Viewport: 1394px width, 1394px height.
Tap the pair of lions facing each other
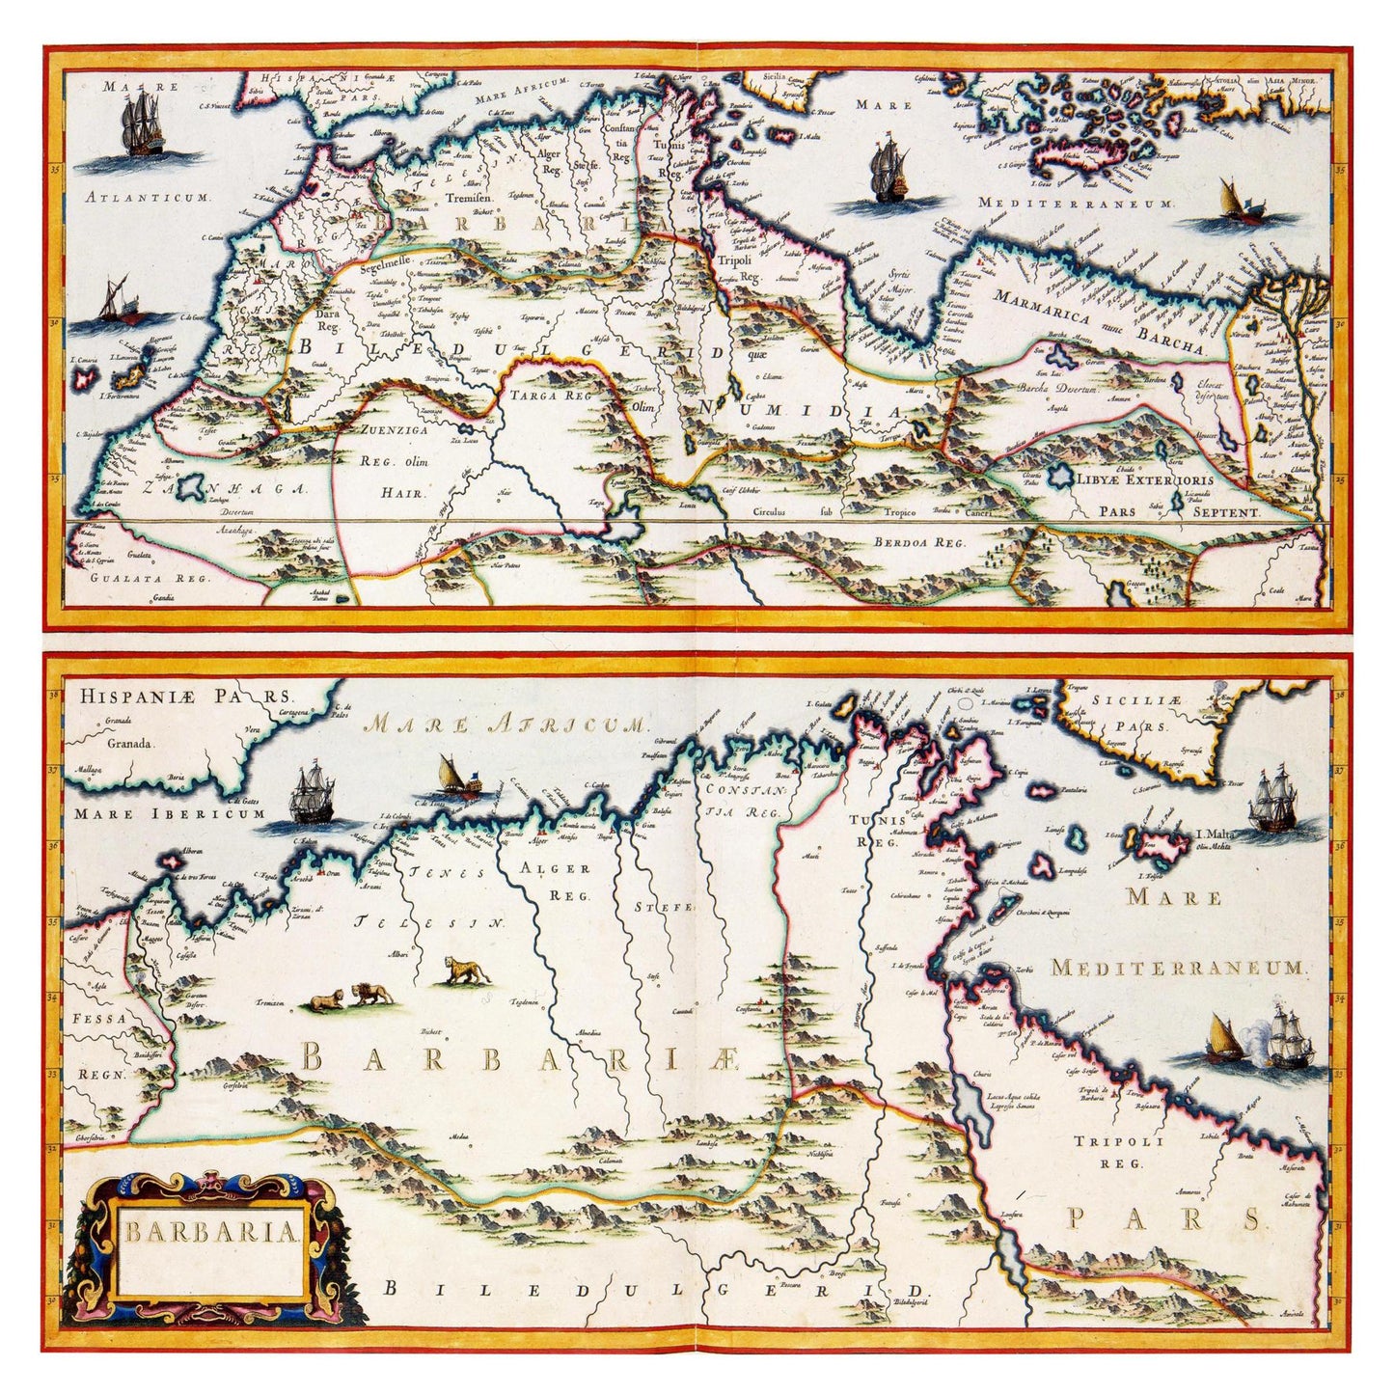tap(345, 997)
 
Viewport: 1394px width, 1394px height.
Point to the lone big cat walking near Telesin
tap(466, 970)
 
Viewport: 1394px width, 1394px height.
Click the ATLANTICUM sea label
tap(147, 197)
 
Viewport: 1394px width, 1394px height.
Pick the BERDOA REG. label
tap(918, 542)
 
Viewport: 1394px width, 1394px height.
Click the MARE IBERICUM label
tap(169, 813)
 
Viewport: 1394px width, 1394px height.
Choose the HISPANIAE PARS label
tap(185, 695)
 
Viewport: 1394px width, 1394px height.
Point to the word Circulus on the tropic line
tap(770, 511)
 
